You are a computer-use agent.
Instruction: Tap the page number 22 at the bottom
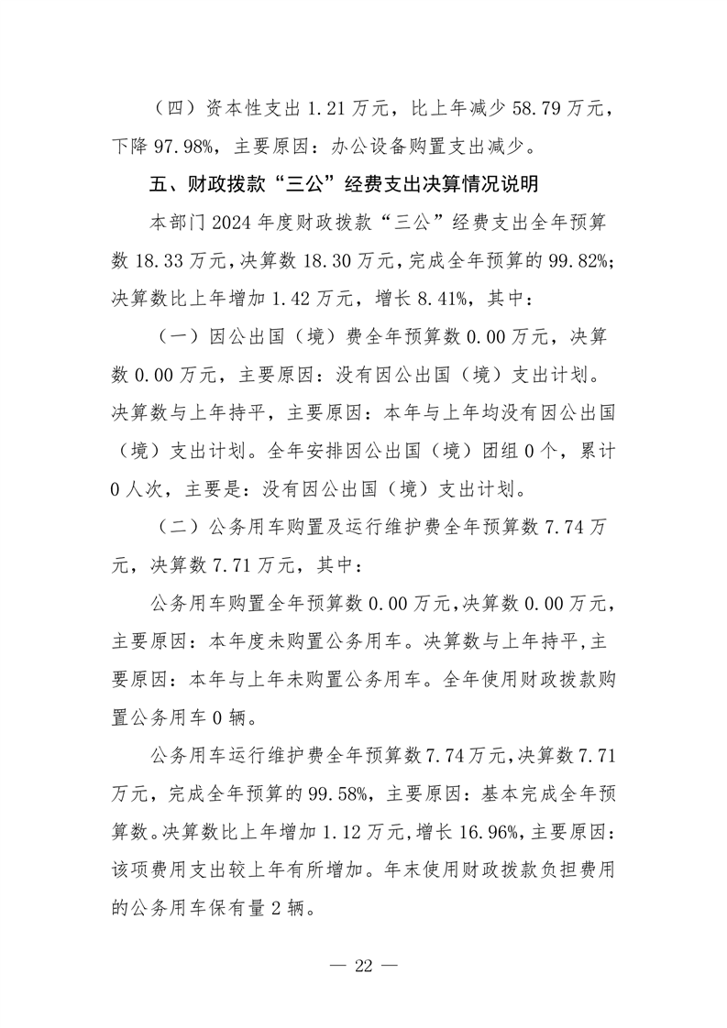point(363,967)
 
